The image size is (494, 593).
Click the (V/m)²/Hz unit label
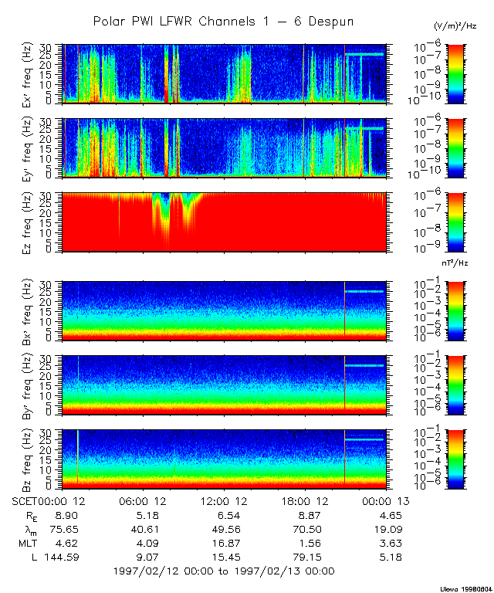(x=455, y=26)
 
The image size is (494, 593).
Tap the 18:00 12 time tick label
(x=306, y=500)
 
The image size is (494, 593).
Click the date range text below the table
(x=223, y=571)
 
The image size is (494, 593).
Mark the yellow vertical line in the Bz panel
(x=77, y=460)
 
